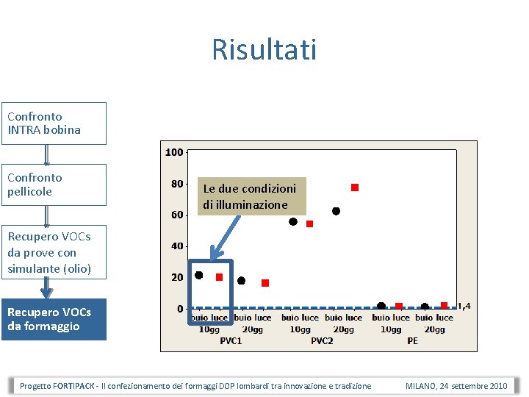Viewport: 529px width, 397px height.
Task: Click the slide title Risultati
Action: (x=264, y=50)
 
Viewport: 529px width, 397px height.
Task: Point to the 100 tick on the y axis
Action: (x=174, y=152)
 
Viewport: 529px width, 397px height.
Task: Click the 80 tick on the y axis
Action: (x=177, y=184)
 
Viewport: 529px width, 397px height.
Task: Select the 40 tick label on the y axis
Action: (x=177, y=246)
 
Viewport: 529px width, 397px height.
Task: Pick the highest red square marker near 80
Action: (x=355, y=187)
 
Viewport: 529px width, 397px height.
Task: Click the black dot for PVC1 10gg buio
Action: (x=198, y=275)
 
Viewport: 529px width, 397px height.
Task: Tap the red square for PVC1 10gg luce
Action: (x=219, y=277)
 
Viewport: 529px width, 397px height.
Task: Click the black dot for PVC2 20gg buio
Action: (x=337, y=211)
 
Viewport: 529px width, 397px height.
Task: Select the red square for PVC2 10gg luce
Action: (x=309, y=223)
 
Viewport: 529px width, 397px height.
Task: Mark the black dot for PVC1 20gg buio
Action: (x=242, y=280)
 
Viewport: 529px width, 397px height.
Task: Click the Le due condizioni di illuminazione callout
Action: (x=251, y=196)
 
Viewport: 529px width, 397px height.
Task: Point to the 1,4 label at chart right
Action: (x=464, y=306)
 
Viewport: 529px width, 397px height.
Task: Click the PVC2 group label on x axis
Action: (x=322, y=340)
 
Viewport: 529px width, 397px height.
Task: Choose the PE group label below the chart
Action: (x=412, y=340)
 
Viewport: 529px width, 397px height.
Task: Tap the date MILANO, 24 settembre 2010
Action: (x=456, y=386)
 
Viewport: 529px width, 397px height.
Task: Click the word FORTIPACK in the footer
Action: (x=73, y=386)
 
